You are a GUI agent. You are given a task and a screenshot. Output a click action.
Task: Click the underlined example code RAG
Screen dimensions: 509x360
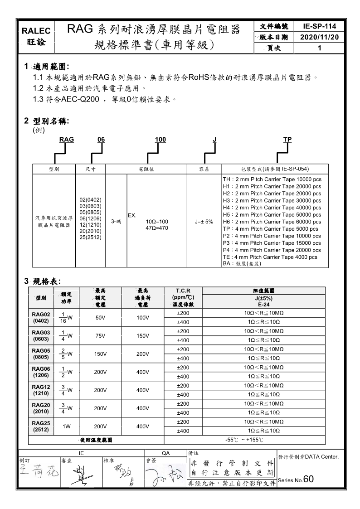click(67, 140)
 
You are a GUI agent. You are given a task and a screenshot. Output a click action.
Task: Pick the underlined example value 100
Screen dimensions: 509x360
click(160, 140)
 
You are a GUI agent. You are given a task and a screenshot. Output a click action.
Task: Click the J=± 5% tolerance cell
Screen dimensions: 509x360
click(204, 222)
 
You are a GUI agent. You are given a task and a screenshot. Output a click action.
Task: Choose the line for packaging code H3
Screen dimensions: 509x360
click(272, 200)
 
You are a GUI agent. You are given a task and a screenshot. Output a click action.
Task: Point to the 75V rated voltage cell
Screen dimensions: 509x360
click(100, 335)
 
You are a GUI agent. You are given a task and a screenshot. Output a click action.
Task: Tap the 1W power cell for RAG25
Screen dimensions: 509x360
click(66, 426)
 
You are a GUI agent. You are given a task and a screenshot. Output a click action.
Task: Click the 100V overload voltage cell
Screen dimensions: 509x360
click(143, 317)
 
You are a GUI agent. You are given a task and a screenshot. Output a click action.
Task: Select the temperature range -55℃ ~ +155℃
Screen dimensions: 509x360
click(244, 440)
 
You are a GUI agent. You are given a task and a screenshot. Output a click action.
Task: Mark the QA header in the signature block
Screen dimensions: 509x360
click(166, 452)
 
